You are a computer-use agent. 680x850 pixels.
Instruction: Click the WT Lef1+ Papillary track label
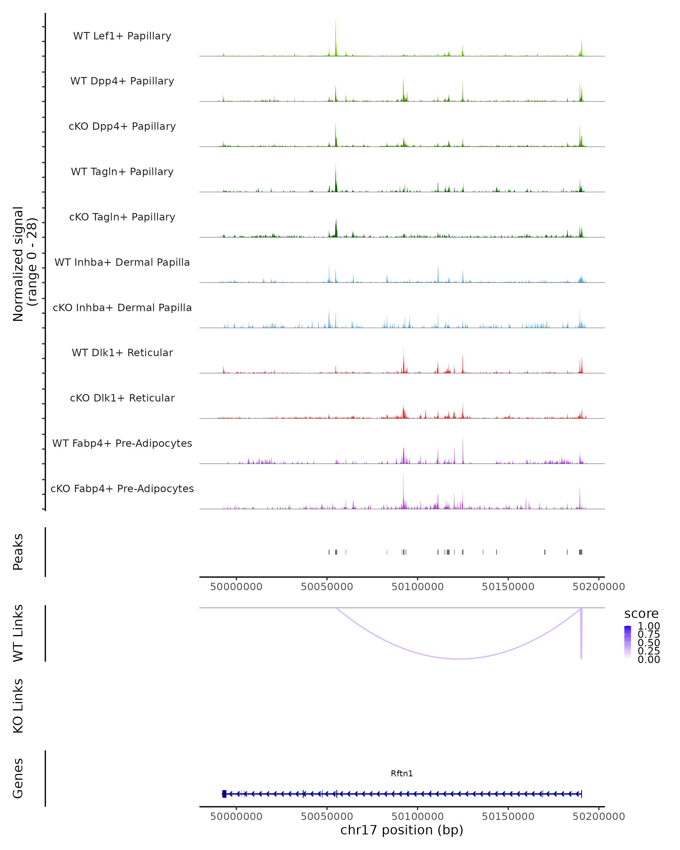122,36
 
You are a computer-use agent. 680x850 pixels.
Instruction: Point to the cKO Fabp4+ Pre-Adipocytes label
122,488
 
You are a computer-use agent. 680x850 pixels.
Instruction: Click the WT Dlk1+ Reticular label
122,352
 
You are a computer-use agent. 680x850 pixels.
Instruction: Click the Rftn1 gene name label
402,773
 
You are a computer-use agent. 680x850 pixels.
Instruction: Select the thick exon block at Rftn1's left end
224,794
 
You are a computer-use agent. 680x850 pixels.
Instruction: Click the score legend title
641,614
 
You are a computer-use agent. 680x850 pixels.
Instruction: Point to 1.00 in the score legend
649,626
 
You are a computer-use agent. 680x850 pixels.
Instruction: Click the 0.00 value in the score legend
649,659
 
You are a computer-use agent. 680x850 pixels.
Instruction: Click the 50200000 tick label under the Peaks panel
598,587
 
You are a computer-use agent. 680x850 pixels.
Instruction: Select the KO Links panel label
18,706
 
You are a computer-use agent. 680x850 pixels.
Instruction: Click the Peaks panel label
18,552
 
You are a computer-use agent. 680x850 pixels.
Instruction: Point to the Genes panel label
18,778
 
